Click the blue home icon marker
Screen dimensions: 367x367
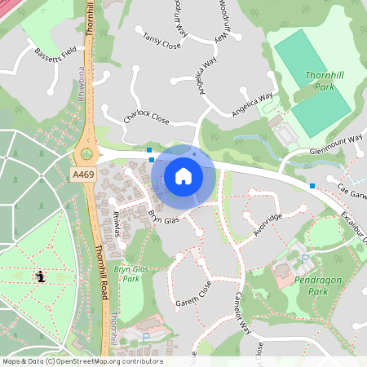pos(183,176)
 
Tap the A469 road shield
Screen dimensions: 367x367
pos(83,175)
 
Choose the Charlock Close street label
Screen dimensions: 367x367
pos(146,117)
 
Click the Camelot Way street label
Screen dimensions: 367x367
pos(246,314)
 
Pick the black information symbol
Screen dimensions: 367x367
pos(40,276)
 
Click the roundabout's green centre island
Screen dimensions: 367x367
pos(86,154)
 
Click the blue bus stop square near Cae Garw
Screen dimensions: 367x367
pos(313,186)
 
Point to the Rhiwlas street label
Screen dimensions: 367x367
pos(120,222)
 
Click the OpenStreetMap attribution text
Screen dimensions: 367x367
pos(82,361)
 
